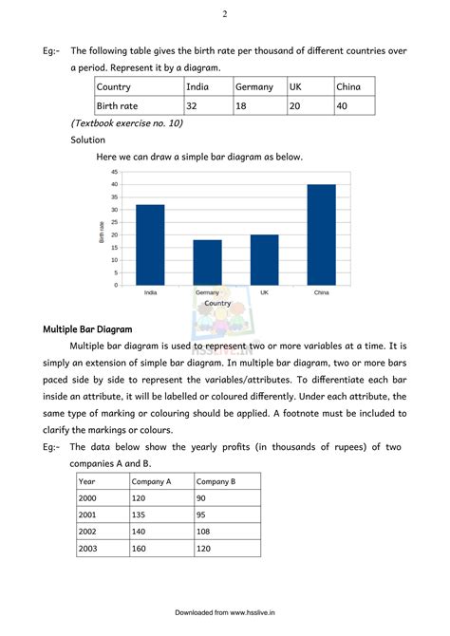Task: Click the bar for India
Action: coord(150,245)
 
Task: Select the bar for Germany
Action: coord(207,262)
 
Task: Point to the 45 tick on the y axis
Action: coord(114,172)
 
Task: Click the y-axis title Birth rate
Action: coord(102,232)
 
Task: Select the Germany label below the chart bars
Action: coord(207,292)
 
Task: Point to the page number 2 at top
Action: coord(224,14)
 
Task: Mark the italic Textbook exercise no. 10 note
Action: coord(127,123)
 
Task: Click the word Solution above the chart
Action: coord(88,140)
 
